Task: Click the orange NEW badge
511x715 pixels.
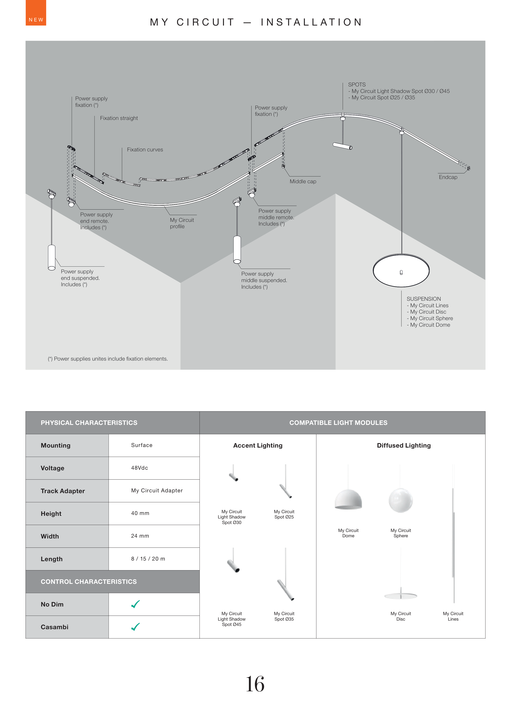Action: coord(36,13)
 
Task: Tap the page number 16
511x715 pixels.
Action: coord(255,684)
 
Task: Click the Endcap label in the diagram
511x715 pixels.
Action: coord(448,177)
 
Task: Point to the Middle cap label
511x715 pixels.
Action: coord(303,181)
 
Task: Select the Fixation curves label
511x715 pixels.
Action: coord(145,150)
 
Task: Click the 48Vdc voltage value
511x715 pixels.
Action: coord(139,468)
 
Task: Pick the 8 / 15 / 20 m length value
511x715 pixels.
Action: coord(148,559)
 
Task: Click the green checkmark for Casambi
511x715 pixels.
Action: coord(135,627)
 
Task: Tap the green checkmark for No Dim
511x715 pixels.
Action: coord(135,604)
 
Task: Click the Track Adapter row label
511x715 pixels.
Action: coord(63,491)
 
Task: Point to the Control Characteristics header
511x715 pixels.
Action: coord(89,582)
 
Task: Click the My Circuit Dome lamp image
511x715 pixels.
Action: coord(348,500)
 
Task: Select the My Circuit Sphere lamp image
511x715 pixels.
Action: coord(401,500)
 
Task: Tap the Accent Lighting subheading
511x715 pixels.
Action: coord(258,446)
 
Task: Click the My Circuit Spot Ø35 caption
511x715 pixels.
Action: coord(284,616)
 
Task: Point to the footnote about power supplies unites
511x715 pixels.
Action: coord(108,359)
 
